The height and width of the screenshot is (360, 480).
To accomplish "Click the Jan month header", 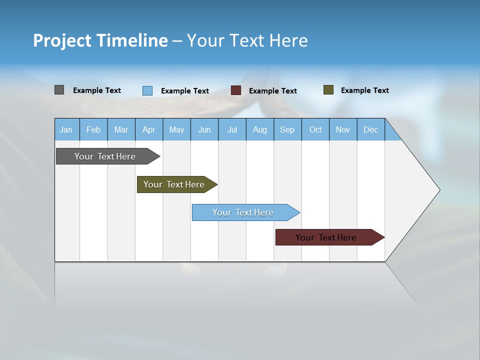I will point(66,129).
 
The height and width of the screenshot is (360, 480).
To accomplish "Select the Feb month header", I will point(93,129).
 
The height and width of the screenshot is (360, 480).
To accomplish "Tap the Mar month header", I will point(121,129).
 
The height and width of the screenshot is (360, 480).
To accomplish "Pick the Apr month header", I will point(149,129).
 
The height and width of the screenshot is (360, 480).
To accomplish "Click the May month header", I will point(176,129).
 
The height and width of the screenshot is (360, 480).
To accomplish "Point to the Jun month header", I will point(204,129).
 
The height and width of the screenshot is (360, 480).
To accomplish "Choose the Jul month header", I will point(232,129).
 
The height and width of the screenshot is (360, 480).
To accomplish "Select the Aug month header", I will point(260,129).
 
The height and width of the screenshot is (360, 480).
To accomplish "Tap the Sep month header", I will point(287,129).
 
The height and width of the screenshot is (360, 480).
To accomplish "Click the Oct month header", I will point(315,129).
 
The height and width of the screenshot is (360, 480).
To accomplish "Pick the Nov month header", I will point(343,129).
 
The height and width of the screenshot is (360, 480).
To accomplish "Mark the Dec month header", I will point(371,129).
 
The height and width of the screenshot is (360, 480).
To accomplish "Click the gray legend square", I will point(59,90).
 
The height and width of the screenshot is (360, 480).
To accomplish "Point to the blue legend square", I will point(147,90).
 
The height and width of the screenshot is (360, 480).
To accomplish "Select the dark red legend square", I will point(236,90).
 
